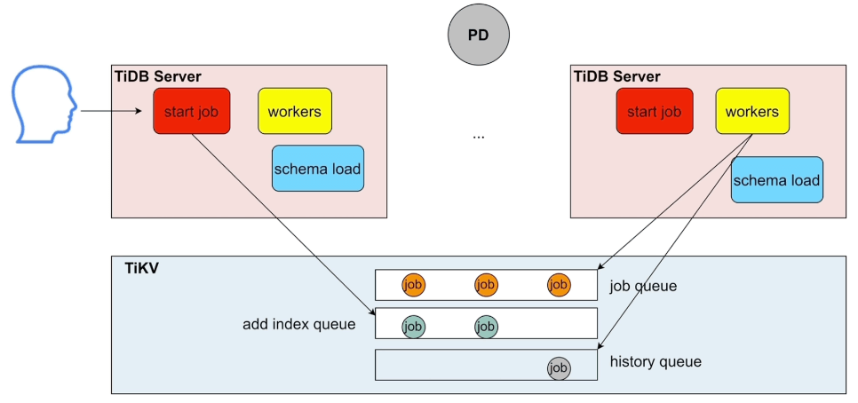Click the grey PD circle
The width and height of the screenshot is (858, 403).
pos(479,36)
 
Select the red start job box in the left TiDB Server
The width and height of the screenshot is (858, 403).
pos(192,111)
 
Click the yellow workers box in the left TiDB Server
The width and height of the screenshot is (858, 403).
pos(295,111)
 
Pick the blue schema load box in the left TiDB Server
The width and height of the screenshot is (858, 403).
pos(318,168)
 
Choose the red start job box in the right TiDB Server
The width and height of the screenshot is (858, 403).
pos(655,111)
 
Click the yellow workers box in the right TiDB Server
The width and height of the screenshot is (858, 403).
pos(752,111)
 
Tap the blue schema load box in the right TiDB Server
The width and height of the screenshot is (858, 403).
pos(776,179)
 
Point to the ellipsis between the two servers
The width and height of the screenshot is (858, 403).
pos(479,137)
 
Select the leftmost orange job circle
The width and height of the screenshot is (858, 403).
pos(413,285)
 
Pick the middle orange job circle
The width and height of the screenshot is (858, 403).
pos(486,285)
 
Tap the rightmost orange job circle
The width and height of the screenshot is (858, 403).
pos(559,285)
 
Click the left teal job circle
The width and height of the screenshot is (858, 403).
pos(413,326)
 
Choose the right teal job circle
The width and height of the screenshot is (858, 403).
pos(486,326)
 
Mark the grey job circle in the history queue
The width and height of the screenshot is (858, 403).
pos(559,367)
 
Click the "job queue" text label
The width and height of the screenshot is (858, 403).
pos(643,287)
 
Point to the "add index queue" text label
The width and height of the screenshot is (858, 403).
pos(299,324)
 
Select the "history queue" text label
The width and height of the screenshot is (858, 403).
pos(655,361)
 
